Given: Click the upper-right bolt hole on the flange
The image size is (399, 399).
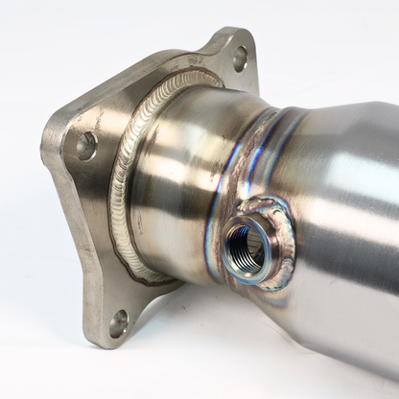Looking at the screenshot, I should coord(239,59).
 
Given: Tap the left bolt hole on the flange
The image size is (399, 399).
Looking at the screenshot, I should coord(86,146).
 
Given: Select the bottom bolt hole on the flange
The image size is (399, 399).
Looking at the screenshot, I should coord(118,323).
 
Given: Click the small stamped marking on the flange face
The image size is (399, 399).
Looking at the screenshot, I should coord(197,59).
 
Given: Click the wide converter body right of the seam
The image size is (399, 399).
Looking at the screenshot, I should coord(336,192).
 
